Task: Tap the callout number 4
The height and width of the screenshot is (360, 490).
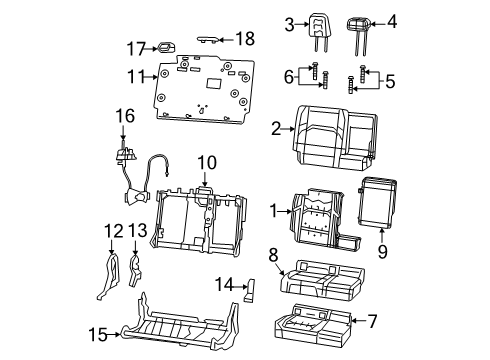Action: [x=392, y=22]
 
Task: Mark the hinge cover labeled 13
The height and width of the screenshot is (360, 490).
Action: [x=135, y=270]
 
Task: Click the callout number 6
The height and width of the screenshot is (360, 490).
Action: [x=288, y=76]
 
